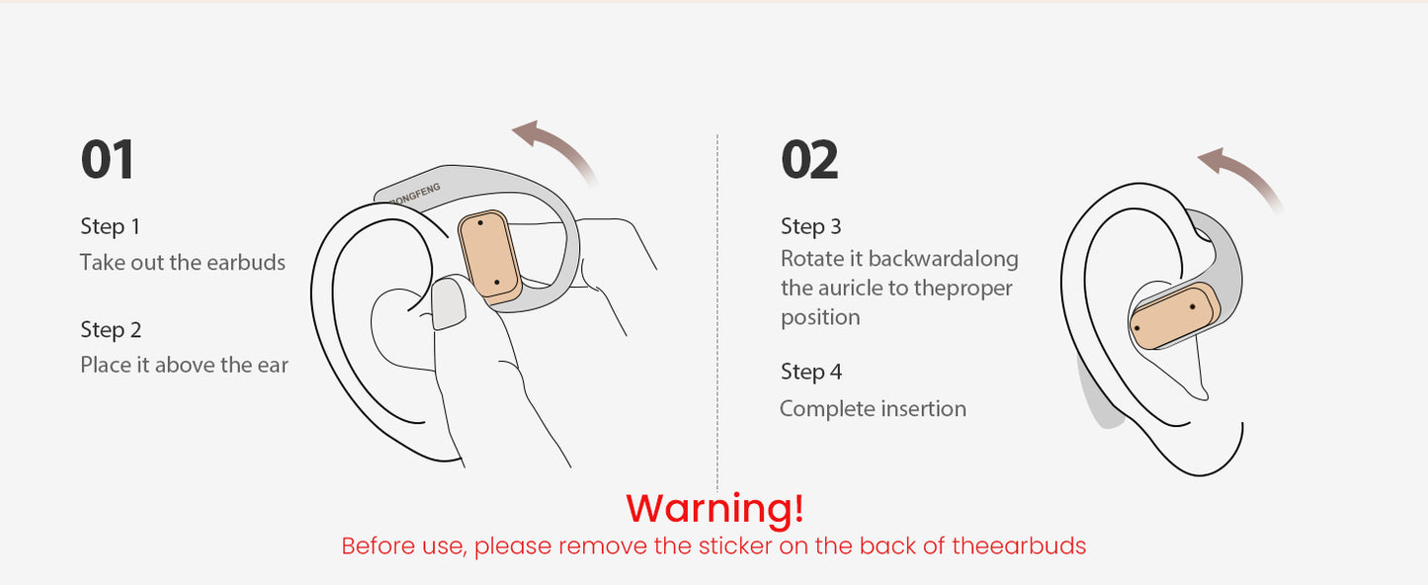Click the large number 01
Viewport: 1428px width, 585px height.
coord(107,159)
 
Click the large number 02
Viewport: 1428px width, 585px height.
coord(809,159)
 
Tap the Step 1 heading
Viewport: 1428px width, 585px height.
coord(111,226)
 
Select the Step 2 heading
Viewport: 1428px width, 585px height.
coord(111,329)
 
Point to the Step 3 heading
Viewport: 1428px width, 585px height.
coord(811,226)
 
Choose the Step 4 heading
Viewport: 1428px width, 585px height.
coord(811,372)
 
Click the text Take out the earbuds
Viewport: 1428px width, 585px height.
coord(182,263)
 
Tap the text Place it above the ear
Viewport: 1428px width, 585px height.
coord(184,366)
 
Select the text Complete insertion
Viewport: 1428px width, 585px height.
coord(873,408)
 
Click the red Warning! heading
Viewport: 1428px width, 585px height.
coord(715,508)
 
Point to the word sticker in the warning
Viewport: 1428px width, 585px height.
coord(735,546)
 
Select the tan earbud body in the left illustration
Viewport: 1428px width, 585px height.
coord(489,256)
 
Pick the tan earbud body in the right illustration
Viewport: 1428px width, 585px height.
coord(1174,316)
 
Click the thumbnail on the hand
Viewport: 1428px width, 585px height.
coord(448,304)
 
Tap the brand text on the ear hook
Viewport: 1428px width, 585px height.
coord(414,194)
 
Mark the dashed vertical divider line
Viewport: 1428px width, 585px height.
coord(717,312)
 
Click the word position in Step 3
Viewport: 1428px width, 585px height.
coord(820,317)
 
